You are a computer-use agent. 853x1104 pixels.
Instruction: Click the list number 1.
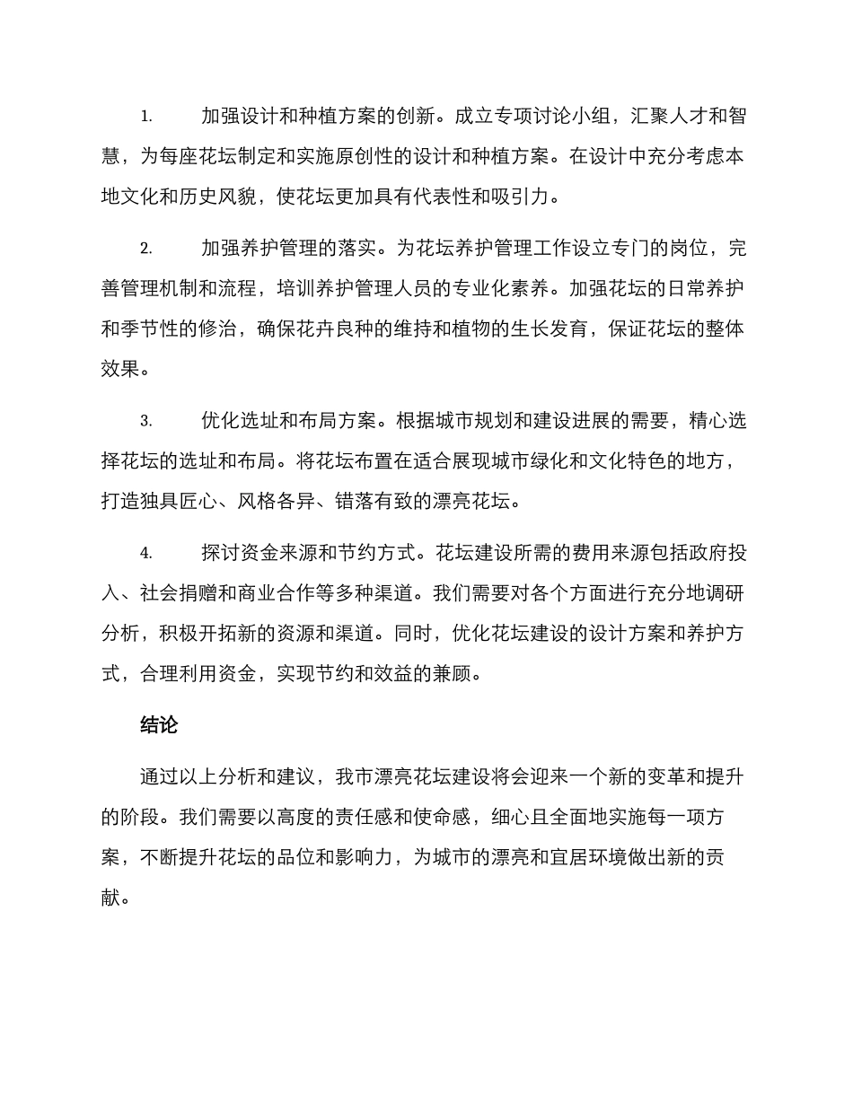pyautogui.click(x=146, y=118)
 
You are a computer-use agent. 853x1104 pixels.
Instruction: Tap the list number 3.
pyautogui.click(x=146, y=421)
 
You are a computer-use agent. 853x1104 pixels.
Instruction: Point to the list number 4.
pyautogui.click(x=146, y=554)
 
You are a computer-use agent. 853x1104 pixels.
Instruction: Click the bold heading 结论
pyautogui.click(x=160, y=726)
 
